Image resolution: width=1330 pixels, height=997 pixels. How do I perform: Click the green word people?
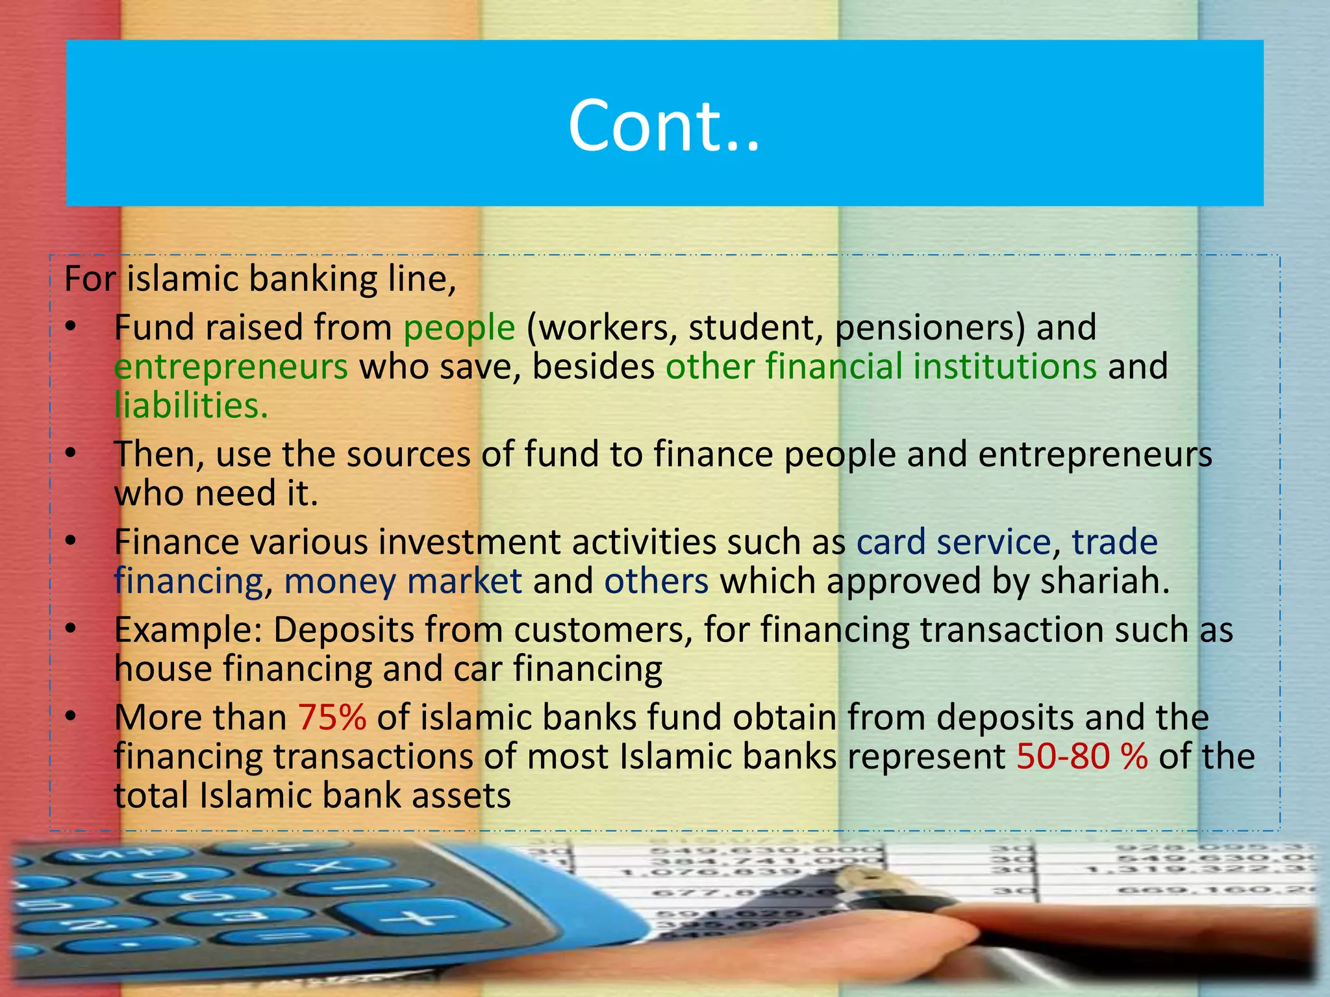click(459, 328)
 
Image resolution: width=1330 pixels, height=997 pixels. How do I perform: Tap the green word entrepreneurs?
click(231, 367)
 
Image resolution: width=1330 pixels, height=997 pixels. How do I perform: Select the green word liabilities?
click(191, 406)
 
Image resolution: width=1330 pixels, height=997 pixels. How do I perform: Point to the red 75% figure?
click(332, 718)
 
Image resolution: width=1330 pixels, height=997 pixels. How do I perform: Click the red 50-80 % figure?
click(1082, 757)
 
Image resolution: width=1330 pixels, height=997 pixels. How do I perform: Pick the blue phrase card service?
click(953, 542)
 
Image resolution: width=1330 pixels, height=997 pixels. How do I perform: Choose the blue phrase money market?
click(403, 581)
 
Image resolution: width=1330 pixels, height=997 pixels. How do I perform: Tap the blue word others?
click(656, 581)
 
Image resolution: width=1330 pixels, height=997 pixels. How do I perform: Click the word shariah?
click(1104, 581)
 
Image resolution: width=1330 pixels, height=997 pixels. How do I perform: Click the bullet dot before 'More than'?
click(71, 717)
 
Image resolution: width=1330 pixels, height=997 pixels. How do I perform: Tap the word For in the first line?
click(90, 279)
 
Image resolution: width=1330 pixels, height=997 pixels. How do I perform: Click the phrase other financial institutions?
click(881, 367)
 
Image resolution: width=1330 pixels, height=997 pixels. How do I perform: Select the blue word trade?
click(1114, 542)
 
